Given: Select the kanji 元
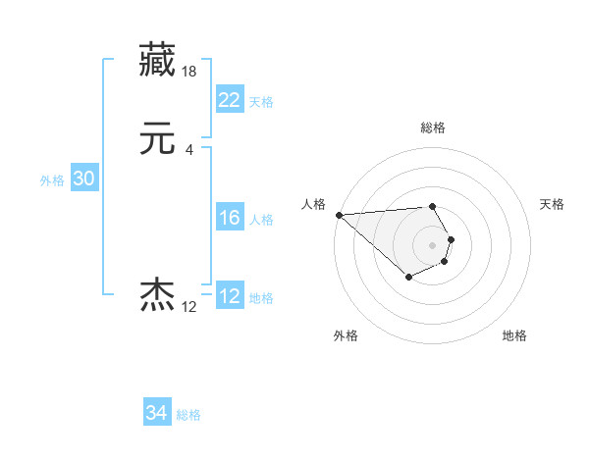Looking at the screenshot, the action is point(159,139).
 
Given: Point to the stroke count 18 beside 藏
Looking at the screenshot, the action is point(189,72).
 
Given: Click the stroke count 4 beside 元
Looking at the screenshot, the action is point(188,150).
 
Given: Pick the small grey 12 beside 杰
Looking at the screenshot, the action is point(188,307).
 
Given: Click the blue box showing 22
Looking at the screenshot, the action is point(229,99).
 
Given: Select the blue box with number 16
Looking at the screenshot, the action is point(229,219).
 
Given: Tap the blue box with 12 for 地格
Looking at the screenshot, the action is point(229,297).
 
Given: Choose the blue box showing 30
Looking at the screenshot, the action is point(83,179).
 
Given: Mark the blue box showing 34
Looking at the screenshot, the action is point(157,413).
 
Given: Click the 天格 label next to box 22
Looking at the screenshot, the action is point(261,102).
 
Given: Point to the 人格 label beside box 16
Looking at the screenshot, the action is point(261,221).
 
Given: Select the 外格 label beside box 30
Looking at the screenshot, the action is point(52,180).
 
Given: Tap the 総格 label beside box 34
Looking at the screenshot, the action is point(188,415).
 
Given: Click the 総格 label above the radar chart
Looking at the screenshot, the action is point(432,128).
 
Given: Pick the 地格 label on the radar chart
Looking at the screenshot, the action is point(514,335).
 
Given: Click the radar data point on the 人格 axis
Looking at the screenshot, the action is point(339,215).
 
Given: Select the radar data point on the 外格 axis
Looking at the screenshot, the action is point(408,279).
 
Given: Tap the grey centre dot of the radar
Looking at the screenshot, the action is point(432,244).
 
